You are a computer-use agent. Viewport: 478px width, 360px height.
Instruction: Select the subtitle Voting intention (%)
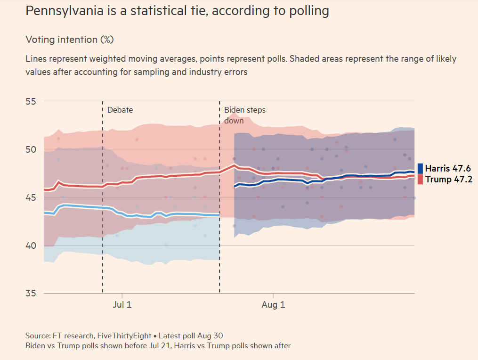69,40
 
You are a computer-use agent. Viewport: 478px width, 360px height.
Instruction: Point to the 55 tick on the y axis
31,101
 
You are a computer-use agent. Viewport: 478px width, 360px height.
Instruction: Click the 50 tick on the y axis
31,149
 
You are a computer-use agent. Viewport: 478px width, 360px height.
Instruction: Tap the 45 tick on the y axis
31,197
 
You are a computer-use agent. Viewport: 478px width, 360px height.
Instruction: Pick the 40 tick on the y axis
31,245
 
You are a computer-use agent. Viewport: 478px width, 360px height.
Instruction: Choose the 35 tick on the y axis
31,294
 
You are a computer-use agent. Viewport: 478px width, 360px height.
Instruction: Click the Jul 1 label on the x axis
122,304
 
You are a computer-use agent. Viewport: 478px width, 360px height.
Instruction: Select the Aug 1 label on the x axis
273,304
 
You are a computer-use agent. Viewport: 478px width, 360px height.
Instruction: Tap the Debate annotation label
120,110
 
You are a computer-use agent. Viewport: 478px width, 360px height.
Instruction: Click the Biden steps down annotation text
244,115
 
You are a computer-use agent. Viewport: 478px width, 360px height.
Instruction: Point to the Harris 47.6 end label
447,169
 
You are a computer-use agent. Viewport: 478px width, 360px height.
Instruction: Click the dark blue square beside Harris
420,169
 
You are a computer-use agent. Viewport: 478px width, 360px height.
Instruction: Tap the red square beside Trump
420,179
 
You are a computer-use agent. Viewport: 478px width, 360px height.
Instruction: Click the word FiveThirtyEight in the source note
124,336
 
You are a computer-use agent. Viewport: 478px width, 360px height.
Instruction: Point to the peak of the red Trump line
233,165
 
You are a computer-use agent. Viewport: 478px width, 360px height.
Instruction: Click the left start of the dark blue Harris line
235,187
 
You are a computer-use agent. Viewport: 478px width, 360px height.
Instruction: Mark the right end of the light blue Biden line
219,215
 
